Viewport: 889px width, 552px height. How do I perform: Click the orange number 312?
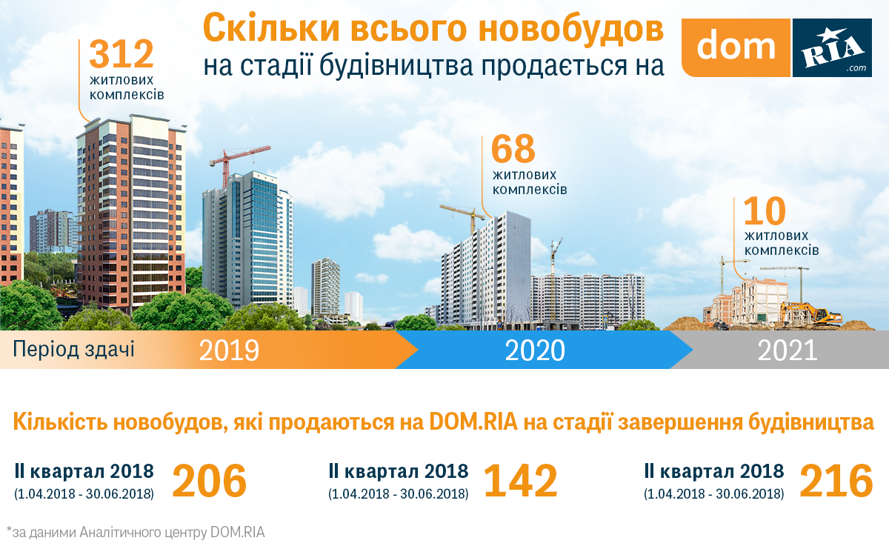(x=121, y=54)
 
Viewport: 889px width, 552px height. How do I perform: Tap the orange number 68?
(x=513, y=149)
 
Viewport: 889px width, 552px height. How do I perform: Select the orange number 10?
(x=765, y=210)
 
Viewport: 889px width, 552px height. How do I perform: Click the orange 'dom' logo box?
(x=736, y=47)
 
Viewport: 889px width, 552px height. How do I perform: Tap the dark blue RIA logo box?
(x=832, y=47)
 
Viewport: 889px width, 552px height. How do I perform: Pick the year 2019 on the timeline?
(x=229, y=350)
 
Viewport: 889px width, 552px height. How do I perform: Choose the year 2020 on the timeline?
(x=535, y=350)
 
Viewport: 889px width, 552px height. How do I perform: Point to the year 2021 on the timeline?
(x=788, y=350)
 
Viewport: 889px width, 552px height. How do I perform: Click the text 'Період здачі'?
(x=74, y=350)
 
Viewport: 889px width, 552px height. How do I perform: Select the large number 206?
(x=210, y=481)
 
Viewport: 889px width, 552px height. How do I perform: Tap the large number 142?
(x=521, y=481)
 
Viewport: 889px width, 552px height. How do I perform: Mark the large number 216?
(x=836, y=481)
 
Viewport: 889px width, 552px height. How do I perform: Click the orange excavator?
(x=810, y=314)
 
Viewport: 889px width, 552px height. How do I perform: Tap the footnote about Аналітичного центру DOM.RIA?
(x=136, y=532)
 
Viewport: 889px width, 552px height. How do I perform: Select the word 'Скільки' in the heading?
(x=271, y=27)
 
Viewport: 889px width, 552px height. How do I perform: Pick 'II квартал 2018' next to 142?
(x=399, y=471)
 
